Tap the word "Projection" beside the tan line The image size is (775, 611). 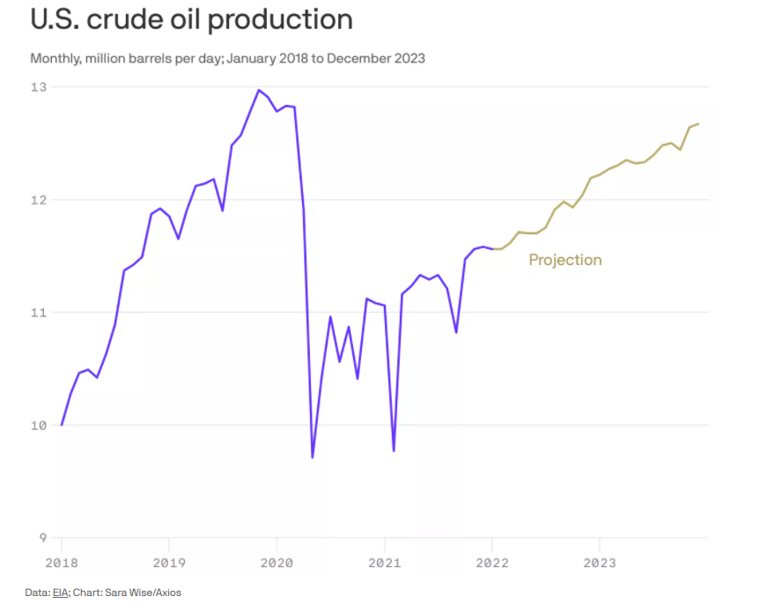[x=565, y=260]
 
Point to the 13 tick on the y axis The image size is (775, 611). [x=39, y=87]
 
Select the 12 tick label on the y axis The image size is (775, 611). [x=39, y=200]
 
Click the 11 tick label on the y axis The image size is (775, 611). [x=39, y=313]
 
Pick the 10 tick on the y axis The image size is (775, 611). [x=39, y=425]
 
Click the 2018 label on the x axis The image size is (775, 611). [x=61, y=562]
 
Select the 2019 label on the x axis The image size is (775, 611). [x=168, y=562]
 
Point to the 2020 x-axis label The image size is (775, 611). [x=276, y=562]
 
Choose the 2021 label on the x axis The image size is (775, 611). [x=384, y=562]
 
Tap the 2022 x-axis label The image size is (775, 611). [x=491, y=562]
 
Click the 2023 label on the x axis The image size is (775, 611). [x=599, y=562]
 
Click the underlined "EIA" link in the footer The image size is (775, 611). [x=60, y=593]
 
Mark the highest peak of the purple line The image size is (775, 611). [x=259, y=90]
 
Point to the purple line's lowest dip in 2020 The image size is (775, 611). [x=313, y=457]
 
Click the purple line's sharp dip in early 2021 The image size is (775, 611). [x=394, y=451]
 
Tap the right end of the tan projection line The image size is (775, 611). [x=698, y=124]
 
